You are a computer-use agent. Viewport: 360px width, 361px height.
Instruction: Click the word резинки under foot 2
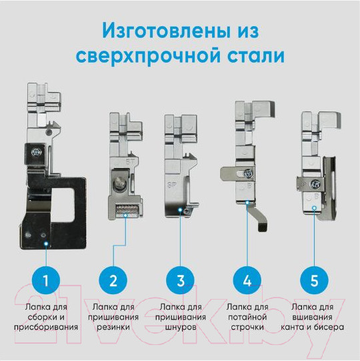pos(113,327)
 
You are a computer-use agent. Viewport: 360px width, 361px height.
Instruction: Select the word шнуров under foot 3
pos(180,327)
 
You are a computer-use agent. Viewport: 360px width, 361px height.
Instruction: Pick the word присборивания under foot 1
pos(46,327)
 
